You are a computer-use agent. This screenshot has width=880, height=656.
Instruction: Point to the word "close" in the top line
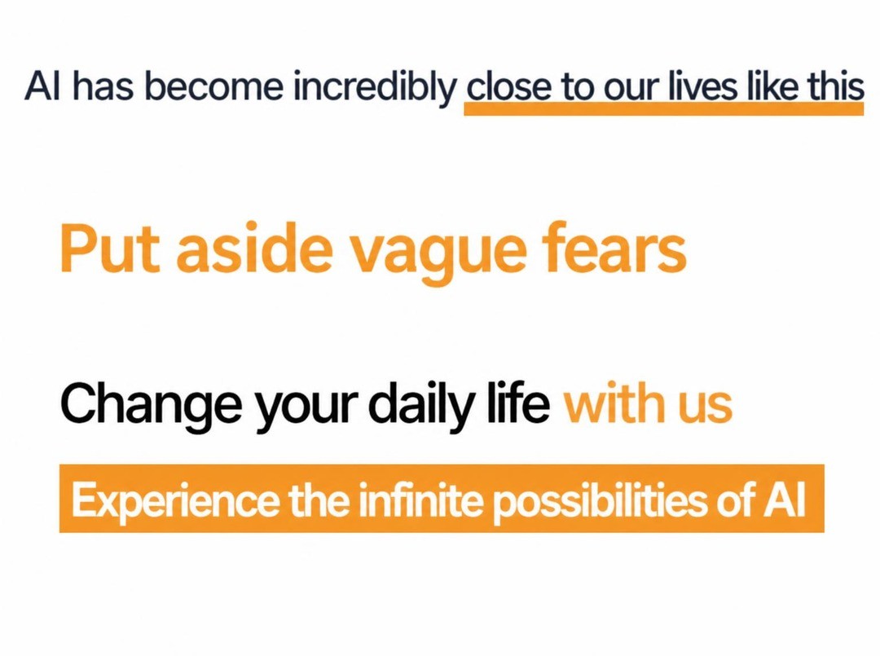508,87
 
